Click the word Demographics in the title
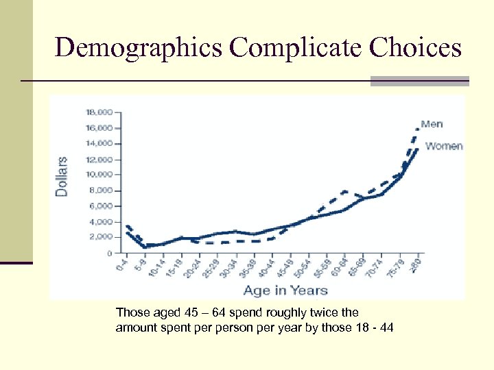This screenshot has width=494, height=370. click(139, 47)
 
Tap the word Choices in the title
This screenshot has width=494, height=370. click(415, 47)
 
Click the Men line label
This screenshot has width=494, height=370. click(432, 124)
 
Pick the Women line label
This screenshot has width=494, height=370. click(443, 146)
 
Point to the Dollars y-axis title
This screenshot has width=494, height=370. click(62, 177)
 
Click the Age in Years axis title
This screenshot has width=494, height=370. click(285, 291)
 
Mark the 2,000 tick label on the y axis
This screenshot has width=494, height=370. click(100, 236)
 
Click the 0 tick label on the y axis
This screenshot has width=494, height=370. click(108, 253)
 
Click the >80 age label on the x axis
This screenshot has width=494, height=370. click(416, 264)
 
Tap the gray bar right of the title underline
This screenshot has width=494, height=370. click(420, 81)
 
